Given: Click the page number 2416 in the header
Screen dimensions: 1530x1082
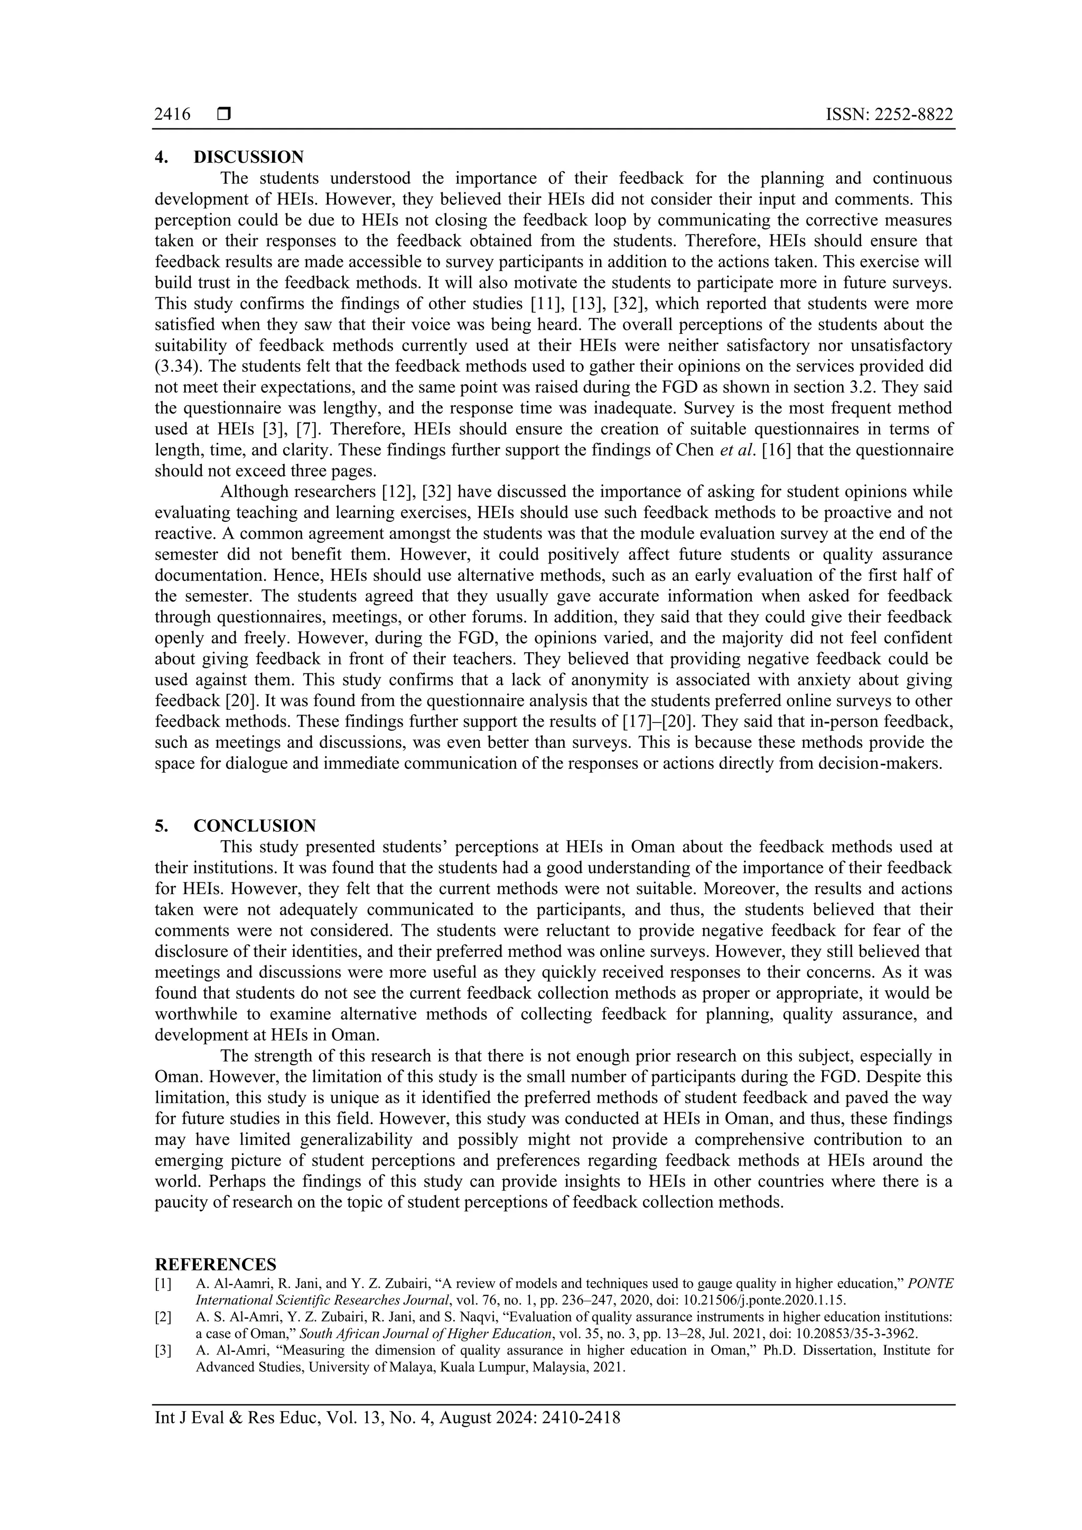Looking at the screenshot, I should click(x=172, y=115).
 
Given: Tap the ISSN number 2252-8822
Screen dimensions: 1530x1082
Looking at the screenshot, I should click(x=889, y=115).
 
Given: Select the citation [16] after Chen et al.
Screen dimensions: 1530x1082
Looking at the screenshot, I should click(x=777, y=450).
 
